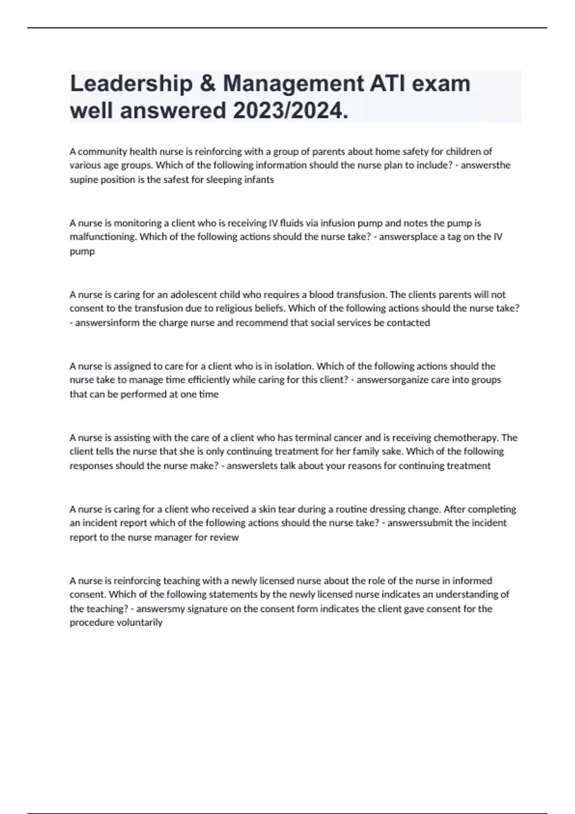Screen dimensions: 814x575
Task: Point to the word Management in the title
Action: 293,84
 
